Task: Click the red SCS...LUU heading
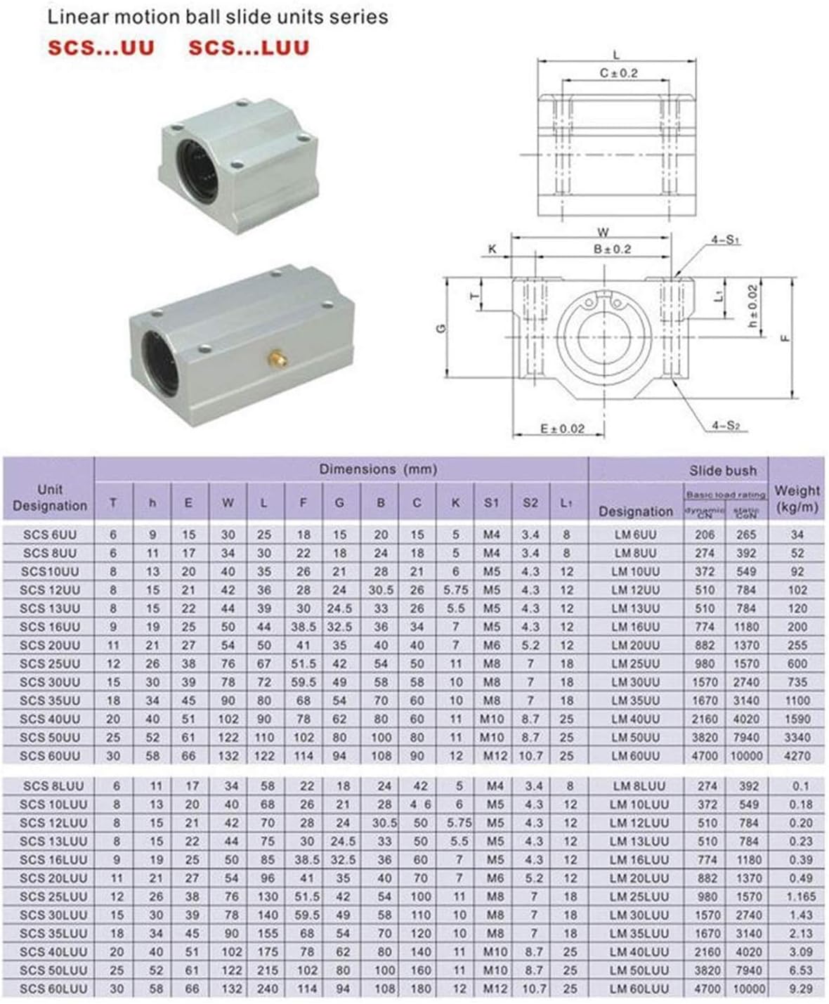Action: pyautogui.click(x=249, y=48)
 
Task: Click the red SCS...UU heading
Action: pyautogui.click(x=100, y=48)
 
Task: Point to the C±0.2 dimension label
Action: pyautogui.click(x=618, y=73)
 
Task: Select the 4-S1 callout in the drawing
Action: pyautogui.click(x=726, y=240)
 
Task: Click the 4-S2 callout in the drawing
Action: pyautogui.click(x=726, y=425)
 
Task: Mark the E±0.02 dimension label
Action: pyautogui.click(x=562, y=429)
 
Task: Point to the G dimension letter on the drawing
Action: pyautogui.click(x=440, y=328)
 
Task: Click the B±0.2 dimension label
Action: pyautogui.click(x=612, y=249)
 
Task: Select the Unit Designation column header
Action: pyautogui.click(x=49, y=497)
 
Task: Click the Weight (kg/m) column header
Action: pyautogui.click(x=796, y=498)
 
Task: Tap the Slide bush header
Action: pyautogui.click(x=722, y=471)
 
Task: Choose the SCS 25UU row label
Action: pyautogui.click(x=50, y=663)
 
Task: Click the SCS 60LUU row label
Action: pyautogui.click(x=53, y=989)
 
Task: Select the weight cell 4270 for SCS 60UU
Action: pyautogui.click(x=797, y=756)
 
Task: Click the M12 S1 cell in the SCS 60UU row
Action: pyautogui.click(x=492, y=756)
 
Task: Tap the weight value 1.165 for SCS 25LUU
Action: pyautogui.click(x=800, y=897)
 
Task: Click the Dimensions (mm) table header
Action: pyautogui.click(x=378, y=469)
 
